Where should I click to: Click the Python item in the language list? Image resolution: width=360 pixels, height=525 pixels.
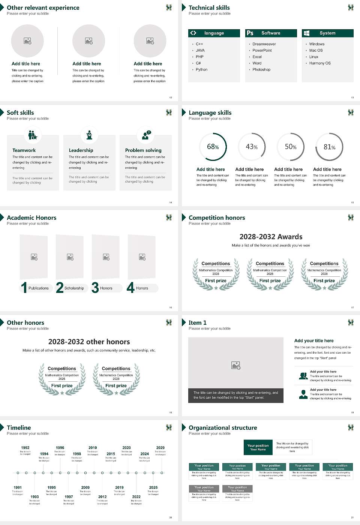pyautogui.click(x=201, y=70)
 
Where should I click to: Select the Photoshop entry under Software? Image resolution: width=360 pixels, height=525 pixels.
pyautogui.click(x=261, y=70)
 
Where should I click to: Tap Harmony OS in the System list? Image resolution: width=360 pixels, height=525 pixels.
pyautogui.click(x=320, y=63)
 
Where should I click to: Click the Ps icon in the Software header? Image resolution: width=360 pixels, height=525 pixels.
pyautogui.click(x=250, y=33)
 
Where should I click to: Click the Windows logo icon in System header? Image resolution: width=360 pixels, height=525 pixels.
pyautogui.click(x=307, y=33)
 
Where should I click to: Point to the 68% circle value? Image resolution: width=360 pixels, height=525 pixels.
pyautogui.click(x=213, y=147)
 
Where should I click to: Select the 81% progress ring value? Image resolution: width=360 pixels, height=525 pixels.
pyautogui.click(x=329, y=147)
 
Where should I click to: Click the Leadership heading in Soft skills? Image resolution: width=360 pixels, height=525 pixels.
pyautogui.click(x=81, y=150)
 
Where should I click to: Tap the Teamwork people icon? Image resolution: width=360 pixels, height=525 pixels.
pyautogui.click(x=33, y=135)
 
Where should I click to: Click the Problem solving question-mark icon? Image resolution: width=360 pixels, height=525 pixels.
pyautogui.click(x=146, y=135)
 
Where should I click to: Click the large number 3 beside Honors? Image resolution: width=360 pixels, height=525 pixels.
pyautogui.click(x=95, y=288)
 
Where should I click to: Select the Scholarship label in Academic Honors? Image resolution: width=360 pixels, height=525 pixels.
pyautogui.click(x=74, y=288)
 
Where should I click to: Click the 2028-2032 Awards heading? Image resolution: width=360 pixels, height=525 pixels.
pyautogui.click(x=271, y=237)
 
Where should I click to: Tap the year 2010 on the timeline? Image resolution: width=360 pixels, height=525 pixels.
pyautogui.click(x=93, y=448)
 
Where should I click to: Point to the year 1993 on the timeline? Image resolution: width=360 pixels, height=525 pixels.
pyautogui.click(x=34, y=497)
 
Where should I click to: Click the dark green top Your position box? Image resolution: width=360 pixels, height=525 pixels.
pyautogui.click(x=258, y=447)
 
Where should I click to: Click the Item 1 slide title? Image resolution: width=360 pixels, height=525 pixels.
pyautogui.click(x=197, y=322)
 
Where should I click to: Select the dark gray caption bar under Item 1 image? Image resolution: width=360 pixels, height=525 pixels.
pyautogui.click(x=235, y=395)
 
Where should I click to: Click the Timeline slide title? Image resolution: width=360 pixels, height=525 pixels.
pyautogui.click(x=19, y=427)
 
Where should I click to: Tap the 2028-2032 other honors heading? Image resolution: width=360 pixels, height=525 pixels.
pyautogui.click(x=89, y=342)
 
